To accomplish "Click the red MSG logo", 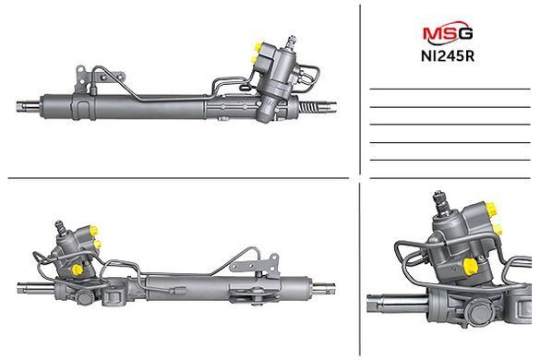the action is [448, 32].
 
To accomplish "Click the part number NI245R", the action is [448, 56].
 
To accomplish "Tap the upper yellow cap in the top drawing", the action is [258, 46].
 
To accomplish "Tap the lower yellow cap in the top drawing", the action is [255, 60].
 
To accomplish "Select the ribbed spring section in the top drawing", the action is [307, 107].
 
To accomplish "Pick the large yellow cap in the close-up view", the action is [471, 267].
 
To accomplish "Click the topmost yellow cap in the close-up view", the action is [492, 209].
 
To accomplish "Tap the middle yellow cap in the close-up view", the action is [497, 229].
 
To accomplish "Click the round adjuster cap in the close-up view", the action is [480, 312].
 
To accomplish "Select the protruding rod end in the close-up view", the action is [396, 303].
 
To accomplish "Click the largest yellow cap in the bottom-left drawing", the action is [78, 269].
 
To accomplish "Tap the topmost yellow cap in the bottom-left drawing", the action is [93, 230].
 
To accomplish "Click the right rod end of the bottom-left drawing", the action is [323, 288].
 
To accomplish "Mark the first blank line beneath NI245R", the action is [450, 90].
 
